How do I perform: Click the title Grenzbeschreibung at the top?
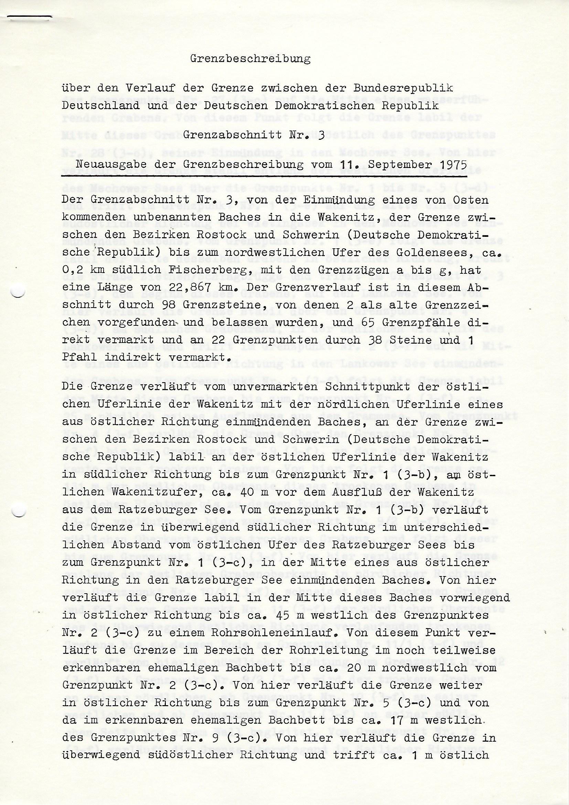(250, 59)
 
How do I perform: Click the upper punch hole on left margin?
(19, 292)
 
